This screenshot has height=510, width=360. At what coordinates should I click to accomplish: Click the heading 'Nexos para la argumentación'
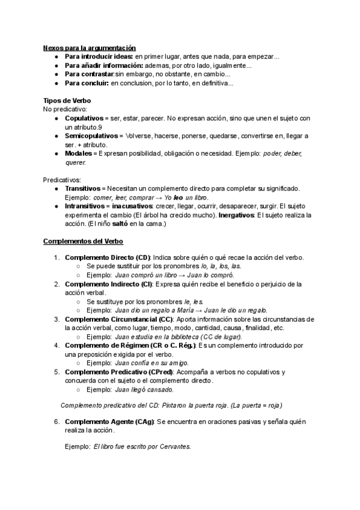(x=90, y=48)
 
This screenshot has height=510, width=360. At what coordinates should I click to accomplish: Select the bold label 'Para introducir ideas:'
(x=99, y=57)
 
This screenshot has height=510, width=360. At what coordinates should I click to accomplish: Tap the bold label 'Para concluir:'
(x=87, y=83)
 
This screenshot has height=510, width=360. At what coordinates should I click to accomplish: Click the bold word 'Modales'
(x=77, y=153)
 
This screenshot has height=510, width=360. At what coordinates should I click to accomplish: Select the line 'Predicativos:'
(x=63, y=179)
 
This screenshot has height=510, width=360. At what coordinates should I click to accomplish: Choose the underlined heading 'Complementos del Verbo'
(x=83, y=241)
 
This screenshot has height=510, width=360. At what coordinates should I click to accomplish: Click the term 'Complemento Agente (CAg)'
(x=109, y=422)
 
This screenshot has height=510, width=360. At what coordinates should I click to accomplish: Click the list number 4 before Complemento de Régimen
(x=56, y=346)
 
